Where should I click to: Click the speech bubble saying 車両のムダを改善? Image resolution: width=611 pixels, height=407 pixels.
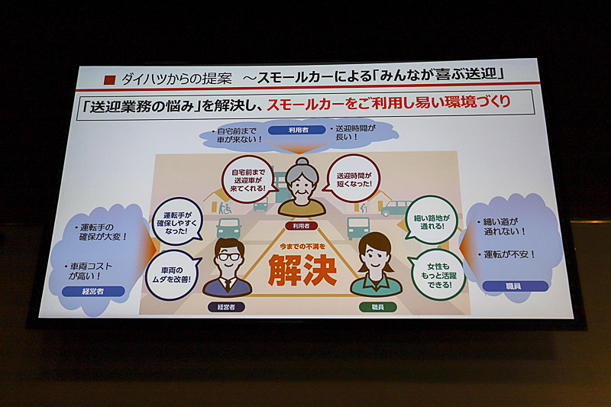(x=176, y=273)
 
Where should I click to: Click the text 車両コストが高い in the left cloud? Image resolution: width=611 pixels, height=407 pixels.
(x=98, y=271)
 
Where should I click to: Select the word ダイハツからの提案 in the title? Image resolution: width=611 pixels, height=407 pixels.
(x=169, y=78)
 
